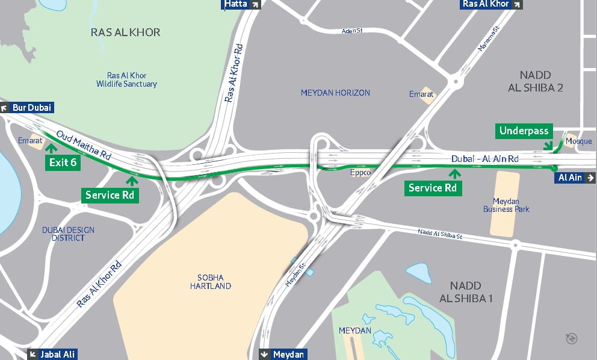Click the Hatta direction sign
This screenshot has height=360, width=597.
[241, 5]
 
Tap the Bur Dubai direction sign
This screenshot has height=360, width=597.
[27, 108]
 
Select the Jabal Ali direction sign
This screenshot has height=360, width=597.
[52, 355]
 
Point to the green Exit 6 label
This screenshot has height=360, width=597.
[63, 163]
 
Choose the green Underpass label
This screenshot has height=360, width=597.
[524, 131]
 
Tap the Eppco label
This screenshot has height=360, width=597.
[360, 173]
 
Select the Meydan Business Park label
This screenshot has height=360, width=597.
[506, 205]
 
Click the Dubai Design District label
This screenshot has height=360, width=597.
[68, 234]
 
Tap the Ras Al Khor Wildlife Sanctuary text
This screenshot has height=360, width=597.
[126, 80]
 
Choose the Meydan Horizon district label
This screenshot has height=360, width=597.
[335, 93]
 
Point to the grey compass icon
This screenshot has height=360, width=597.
[572, 338]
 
